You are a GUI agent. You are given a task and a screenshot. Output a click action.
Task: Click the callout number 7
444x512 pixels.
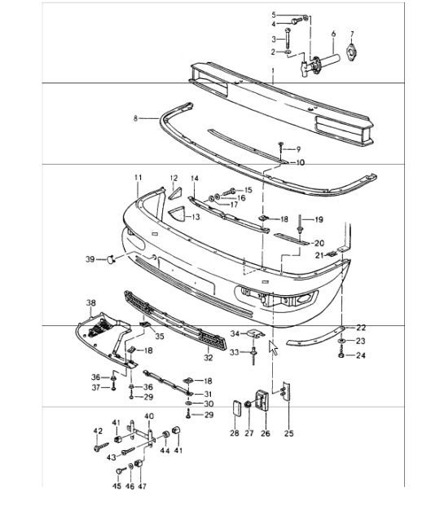[x=352, y=33]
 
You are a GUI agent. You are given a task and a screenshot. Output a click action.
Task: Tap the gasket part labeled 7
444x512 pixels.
[x=352, y=52]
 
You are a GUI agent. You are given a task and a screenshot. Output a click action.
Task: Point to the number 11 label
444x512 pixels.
[x=138, y=177]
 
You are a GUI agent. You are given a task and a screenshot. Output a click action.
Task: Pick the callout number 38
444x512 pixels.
[x=91, y=301]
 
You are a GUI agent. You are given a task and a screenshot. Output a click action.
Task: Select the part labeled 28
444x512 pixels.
[x=237, y=409]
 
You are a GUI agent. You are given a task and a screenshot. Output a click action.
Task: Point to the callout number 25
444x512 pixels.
[x=289, y=433]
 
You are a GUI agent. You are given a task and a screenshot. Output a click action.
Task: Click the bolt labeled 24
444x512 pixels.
[x=341, y=355]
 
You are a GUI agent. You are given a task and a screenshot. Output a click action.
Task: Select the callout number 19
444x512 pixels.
[x=318, y=219]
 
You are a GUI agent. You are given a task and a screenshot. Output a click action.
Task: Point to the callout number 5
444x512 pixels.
[x=274, y=15]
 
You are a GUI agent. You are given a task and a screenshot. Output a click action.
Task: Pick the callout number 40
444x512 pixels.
[x=149, y=416]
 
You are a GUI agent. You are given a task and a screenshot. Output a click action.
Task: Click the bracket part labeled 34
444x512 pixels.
[x=253, y=333]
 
